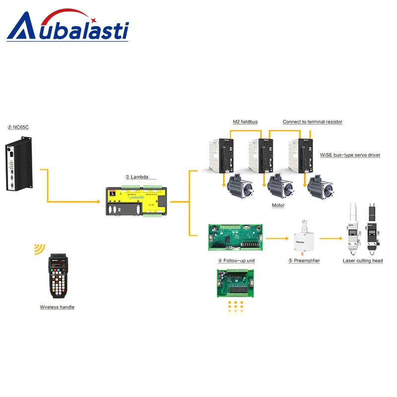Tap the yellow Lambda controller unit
137,201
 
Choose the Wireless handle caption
57,307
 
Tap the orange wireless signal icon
38,249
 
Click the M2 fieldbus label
245,122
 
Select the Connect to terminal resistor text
313,122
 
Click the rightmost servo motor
320,188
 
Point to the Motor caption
278,205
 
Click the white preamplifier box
304,237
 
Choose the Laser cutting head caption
363,261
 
